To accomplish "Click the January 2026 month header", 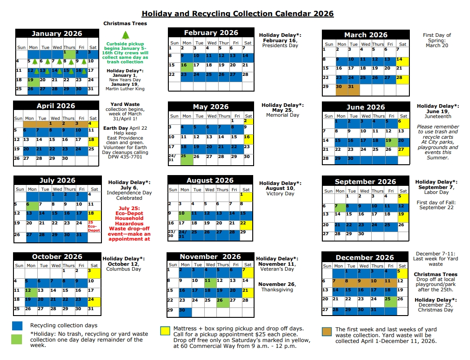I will [x=57, y=34].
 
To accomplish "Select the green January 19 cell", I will [x=33, y=81].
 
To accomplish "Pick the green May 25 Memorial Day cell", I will [x=186, y=158].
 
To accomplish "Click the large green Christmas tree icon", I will [x=125, y=35].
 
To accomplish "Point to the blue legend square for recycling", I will [x=17, y=325].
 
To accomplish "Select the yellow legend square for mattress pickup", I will [x=166, y=331].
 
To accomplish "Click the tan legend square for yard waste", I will [x=328, y=332].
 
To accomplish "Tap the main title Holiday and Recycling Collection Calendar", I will [x=237, y=13].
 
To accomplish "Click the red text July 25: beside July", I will [x=129, y=208].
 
